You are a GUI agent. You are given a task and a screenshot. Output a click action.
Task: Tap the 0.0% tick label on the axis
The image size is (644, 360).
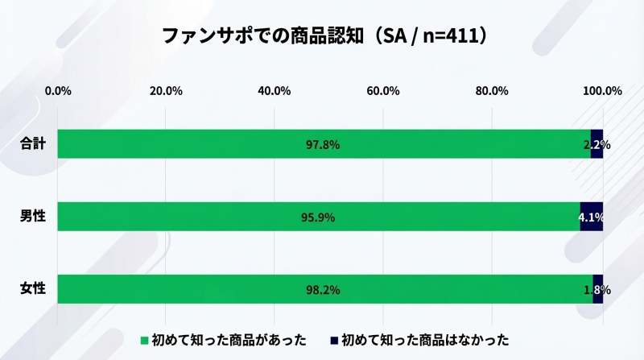58,90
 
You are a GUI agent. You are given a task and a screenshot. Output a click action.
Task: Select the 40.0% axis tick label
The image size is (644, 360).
275,90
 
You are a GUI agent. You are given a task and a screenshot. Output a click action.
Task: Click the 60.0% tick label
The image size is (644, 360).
383,90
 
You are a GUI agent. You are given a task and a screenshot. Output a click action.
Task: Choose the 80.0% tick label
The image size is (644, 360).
492,90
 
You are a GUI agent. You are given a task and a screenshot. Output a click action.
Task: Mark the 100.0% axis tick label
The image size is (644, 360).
601,90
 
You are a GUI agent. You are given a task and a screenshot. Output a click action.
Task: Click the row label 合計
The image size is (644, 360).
33,144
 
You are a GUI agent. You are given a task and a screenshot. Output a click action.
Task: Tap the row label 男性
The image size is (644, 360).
33,217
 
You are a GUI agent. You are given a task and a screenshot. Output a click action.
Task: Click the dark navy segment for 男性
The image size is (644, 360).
592,217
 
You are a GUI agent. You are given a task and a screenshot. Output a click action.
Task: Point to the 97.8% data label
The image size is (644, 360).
323,145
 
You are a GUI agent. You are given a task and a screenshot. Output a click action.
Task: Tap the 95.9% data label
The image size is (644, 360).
318,217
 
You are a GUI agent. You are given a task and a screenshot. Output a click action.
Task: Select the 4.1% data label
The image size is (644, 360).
592,217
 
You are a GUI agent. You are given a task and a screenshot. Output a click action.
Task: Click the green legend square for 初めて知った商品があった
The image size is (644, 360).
145,340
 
